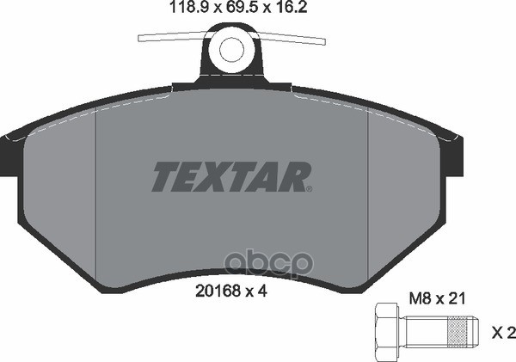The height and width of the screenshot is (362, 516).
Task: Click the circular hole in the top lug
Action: coord(231,50)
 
